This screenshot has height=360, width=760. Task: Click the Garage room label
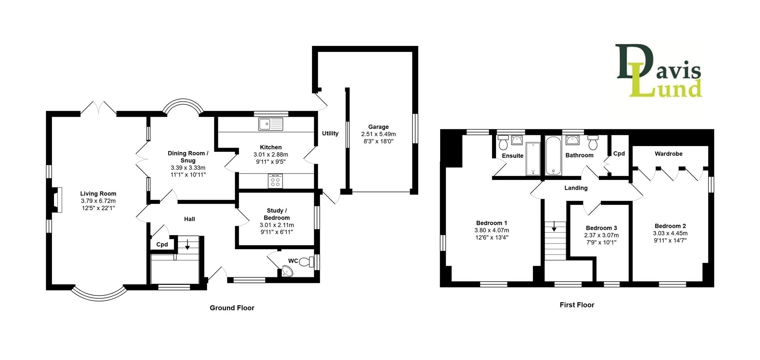(x=378, y=127)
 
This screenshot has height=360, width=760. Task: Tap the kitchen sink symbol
(x=271, y=124)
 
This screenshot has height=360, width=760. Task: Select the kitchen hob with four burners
(x=275, y=182)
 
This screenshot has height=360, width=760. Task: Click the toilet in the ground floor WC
(x=305, y=261)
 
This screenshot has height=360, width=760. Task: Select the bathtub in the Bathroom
(x=553, y=155)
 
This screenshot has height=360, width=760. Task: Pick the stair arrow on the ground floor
(x=187, y=244)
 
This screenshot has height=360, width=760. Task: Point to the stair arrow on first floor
(x=554, y=226)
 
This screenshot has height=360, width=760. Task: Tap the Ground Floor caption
(x=232, y=308)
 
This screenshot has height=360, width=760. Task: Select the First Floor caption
(x=577, y=305)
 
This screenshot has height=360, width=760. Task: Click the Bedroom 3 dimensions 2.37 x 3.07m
(x=601, y=235)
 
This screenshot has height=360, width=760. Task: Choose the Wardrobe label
(x=668, y=153)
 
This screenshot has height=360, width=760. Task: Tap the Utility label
(x=330, y=133)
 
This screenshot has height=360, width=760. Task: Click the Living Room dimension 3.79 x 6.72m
(x=98, y=201)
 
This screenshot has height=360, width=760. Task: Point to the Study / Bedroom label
(x=276, y=214)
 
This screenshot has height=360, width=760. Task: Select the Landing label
(x=576, y=188)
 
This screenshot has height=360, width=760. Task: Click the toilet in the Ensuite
(x=503, y=141)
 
